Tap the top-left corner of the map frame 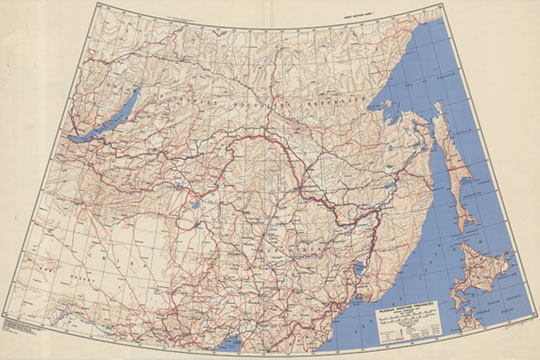point(97,4)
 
